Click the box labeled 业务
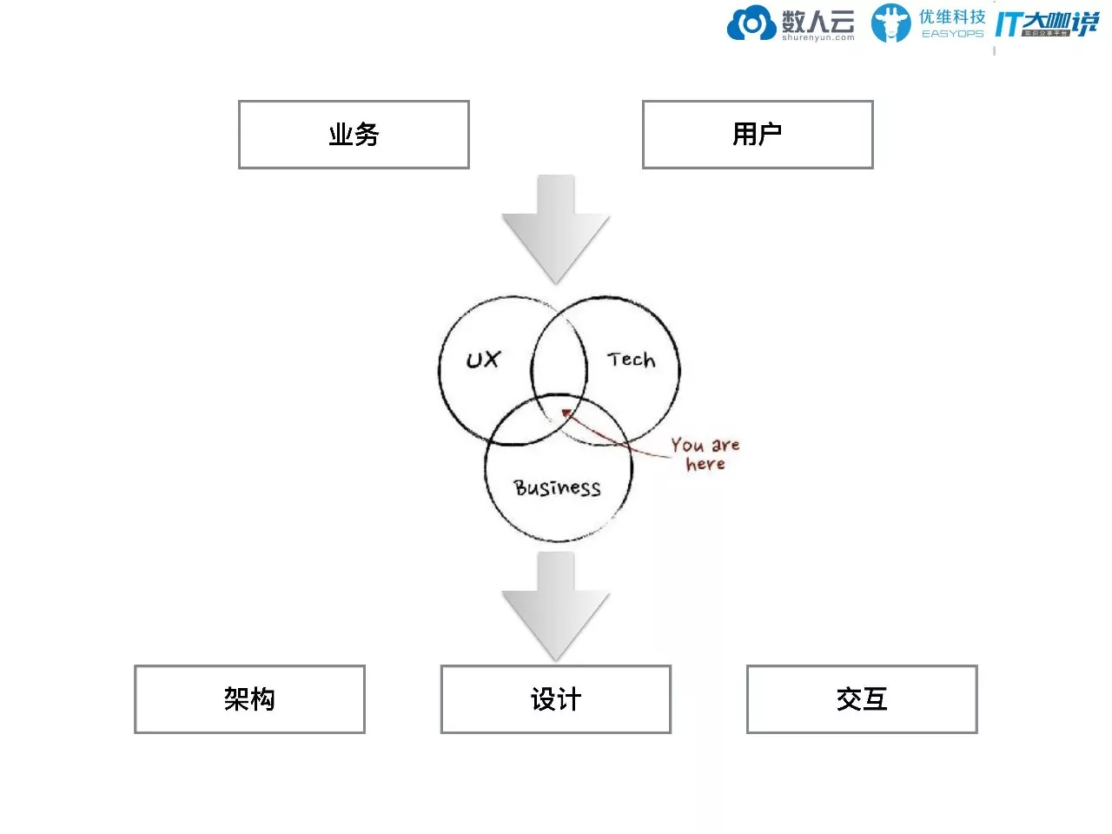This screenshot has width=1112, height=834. coord(354,135)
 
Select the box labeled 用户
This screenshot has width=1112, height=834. coord(757,135)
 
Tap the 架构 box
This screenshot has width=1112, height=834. coord(249,699)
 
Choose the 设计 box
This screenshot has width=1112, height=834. coord(555,699)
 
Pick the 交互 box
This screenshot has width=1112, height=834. coord(862,699)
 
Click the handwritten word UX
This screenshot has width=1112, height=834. coord(483,360)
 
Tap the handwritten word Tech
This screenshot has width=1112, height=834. coord(632,360)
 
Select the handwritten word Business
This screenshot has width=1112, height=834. coord(557,487)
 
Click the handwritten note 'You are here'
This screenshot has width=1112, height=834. coord(705,454)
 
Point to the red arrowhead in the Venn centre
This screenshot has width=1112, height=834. coord(566,414)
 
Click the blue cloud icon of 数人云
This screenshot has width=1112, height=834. coord(751,23)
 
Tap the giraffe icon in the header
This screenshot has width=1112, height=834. coord(890,23)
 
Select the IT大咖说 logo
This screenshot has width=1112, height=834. coord(1046,24)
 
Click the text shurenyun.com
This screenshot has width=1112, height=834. coord(817,38)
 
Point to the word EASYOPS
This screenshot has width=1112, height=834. coord(952,34)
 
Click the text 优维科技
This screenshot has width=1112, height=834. coord(952,17)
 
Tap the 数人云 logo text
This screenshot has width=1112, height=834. coord(817,20)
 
